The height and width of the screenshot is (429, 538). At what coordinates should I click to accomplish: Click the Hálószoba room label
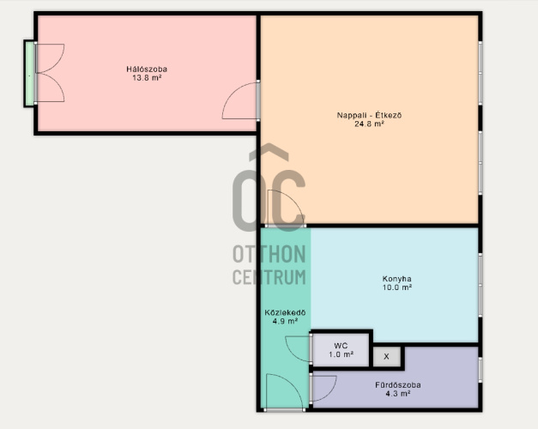(x=147, y=69)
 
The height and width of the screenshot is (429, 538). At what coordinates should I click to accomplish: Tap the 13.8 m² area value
(x=147, y=78)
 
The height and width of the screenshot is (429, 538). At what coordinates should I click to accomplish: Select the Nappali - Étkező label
(x=369, y=115)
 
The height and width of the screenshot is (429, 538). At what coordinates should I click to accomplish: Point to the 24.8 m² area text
(x=369, y=124)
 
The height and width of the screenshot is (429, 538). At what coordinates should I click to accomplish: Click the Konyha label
(x=397, y=279)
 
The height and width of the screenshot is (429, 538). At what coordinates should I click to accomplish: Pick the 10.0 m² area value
(x=397, y=287)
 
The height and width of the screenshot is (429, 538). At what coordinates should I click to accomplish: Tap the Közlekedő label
(x=285, y=312)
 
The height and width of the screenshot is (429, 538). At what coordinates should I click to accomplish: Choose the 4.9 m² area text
(x=285, y=321)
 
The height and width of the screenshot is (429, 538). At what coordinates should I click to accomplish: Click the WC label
(x=341, y=346)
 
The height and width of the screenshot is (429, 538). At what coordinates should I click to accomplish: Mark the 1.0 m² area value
(x=341, y=354)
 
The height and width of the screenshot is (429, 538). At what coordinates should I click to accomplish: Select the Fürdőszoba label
(x=398, y=384)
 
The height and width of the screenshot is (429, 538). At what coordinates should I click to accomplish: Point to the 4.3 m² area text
(x=398, y=394)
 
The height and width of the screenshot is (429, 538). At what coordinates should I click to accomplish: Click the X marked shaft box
(x=387, y=357)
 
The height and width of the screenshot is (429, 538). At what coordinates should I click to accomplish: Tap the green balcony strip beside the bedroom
(x=30, y=74)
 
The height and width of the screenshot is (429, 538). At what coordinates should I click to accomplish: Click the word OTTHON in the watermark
(x=269, y=254)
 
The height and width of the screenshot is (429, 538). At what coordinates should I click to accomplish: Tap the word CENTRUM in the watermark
(x=269, y=277)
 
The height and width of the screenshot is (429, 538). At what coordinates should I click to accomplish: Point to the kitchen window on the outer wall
(x=481, y=285)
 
